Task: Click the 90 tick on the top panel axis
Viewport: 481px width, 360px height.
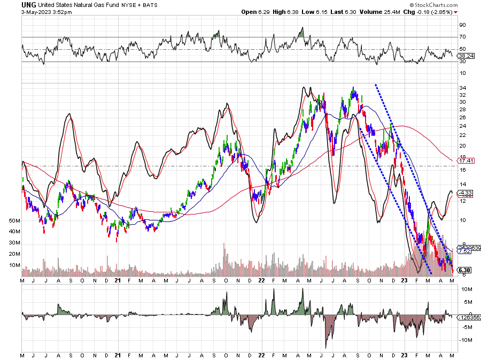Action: [x=462, y=25]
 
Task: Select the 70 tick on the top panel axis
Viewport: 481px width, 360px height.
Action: [x=462, y=37]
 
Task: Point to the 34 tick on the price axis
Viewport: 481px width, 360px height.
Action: [x=462, y=88]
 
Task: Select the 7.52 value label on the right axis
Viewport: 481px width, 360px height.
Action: [x=463, y=251]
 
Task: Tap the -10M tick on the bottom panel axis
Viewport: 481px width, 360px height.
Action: [x=464, y=340]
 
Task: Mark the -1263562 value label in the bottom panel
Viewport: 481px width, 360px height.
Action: [x=468, y=317]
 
